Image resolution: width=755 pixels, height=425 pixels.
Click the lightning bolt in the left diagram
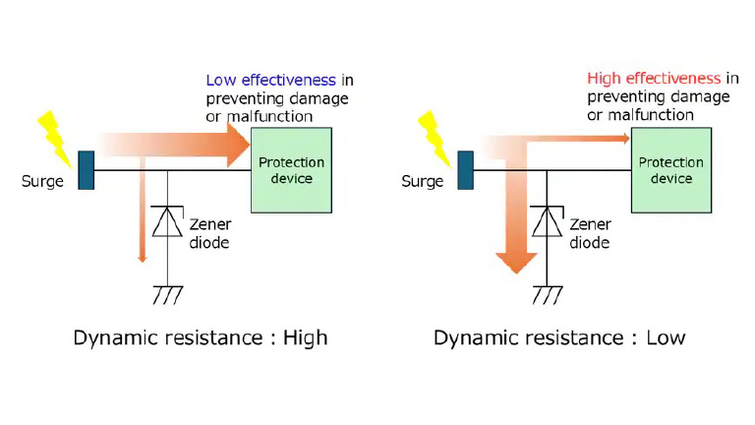click(x=52, y=133)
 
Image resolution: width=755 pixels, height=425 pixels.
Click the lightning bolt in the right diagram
click(x=434, y=133)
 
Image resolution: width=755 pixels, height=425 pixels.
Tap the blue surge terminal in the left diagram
click(x=86, y=170)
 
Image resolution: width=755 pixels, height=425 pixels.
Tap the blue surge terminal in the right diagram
click(x=466, y=170)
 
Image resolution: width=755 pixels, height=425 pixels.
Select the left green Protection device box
click(x=291, y=170)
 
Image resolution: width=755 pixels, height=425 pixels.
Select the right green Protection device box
click(x=671, y=170)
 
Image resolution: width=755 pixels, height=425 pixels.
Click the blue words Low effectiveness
click(x=270, y=79)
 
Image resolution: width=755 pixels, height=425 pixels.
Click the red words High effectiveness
click(x=654, y=79)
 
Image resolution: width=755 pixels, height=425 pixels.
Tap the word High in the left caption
click(x=304, y=338)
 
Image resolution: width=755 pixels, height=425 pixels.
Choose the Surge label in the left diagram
click(x=42, y=182)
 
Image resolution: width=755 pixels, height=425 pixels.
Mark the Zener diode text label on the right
click(x=590, y=234)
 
